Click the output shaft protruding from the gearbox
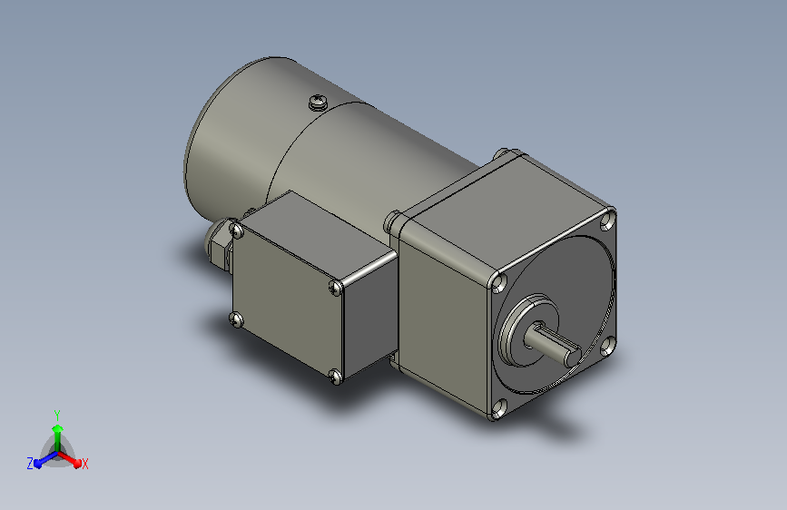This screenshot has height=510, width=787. tap(552, 347)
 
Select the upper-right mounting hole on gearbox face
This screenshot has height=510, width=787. tap(608, 221)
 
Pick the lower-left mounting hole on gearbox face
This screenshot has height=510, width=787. tap(498, 408)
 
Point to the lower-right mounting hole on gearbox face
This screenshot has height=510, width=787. tap(608, 346)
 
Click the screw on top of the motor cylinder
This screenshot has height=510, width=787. tap(318, 102)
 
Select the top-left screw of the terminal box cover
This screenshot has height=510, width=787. tap(236, 230)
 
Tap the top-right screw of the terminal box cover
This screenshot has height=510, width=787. tap(335, 287)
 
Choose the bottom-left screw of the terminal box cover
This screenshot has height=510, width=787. tap(236, 319)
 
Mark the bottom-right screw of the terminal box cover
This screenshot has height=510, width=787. tap(335, 376)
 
